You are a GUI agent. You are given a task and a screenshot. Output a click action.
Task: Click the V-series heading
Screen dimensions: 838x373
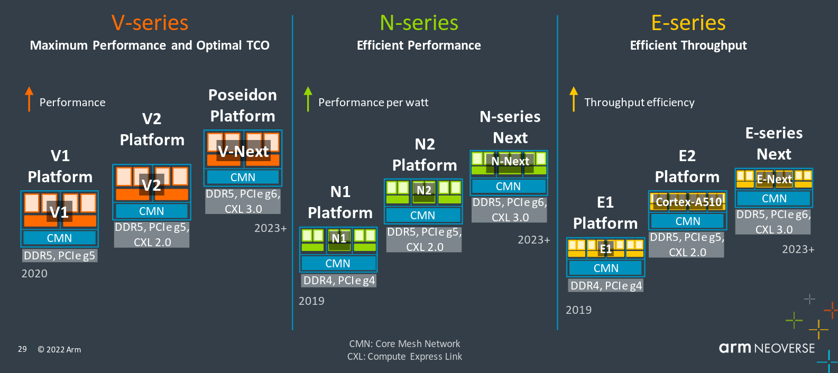[150, 23]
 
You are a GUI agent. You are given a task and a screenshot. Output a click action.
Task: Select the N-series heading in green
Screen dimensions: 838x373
[419, 23]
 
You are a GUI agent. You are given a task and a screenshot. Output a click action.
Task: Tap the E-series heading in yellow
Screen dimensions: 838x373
[688, 23]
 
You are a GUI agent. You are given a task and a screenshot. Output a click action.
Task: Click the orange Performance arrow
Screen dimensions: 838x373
[29, 99]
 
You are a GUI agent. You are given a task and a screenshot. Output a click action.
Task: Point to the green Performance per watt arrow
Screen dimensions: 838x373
[308, 99]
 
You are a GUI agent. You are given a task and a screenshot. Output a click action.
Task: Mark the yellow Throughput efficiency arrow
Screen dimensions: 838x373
[574, 99]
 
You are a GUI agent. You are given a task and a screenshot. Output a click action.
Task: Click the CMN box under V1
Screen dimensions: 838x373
[60, 238]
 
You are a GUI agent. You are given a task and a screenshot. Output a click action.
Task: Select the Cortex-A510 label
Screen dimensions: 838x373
[689, 202]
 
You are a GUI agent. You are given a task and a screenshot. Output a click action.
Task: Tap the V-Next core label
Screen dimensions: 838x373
[243, 152]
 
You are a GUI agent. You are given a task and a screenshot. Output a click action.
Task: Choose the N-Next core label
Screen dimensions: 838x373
[510, 161]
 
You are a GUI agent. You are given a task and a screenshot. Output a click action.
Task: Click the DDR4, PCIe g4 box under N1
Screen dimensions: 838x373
[338, 281]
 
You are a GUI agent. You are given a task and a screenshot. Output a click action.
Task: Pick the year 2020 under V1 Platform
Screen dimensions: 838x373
[34, 274]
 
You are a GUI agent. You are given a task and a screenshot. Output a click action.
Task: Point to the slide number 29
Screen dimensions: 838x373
[22, 349]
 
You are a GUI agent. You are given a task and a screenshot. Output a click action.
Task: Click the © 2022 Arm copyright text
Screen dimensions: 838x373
[59, 349]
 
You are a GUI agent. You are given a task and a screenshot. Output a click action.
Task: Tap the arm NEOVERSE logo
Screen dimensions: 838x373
[767, 348]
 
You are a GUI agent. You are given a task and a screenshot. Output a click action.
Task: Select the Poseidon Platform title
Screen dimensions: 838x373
[243, 105]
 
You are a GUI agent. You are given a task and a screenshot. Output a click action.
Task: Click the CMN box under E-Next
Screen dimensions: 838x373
[774, 199]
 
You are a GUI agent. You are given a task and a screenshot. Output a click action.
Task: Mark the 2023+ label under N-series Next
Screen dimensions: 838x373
[534, 239]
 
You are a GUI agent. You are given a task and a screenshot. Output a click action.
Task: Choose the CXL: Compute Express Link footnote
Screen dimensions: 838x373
[404, 357]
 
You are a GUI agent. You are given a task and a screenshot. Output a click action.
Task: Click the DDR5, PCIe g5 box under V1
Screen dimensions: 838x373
[60, 256]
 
